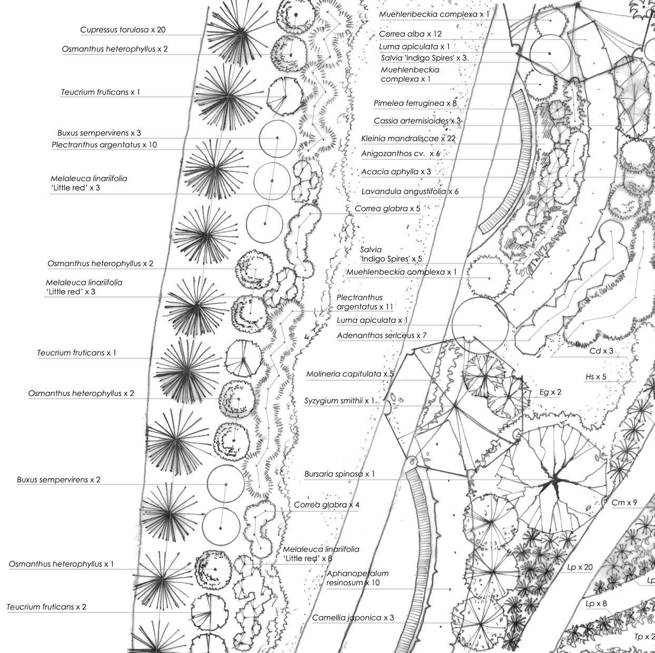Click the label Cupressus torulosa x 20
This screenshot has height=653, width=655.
[123, 30]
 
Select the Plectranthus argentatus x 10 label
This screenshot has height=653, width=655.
[104, 145]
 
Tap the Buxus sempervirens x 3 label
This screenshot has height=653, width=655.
[99, 133]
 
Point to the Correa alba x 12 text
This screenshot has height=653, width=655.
[410, 34]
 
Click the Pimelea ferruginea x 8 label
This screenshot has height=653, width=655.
[415, 104]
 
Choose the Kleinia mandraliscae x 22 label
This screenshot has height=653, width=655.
[408, 139]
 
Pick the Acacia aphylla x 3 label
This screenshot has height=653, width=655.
[396, 172]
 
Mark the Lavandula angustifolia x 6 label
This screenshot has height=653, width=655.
[409, 192]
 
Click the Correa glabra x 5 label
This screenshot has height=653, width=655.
[387, 209]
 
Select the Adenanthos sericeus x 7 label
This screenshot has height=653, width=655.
[382, 335]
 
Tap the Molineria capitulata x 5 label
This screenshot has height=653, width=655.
[350, 374]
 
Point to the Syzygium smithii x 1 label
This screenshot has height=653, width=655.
[339, 401]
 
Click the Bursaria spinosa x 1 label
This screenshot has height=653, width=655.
[339, 474]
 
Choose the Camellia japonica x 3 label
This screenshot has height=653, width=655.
[353, 618]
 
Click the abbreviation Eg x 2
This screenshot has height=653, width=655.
[550, 392]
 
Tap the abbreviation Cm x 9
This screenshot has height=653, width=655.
[624, 503]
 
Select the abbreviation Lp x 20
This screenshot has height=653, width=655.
[580, 568]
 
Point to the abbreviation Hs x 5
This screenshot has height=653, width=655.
[596, 377]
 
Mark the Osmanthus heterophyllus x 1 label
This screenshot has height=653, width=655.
[61, 564]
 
